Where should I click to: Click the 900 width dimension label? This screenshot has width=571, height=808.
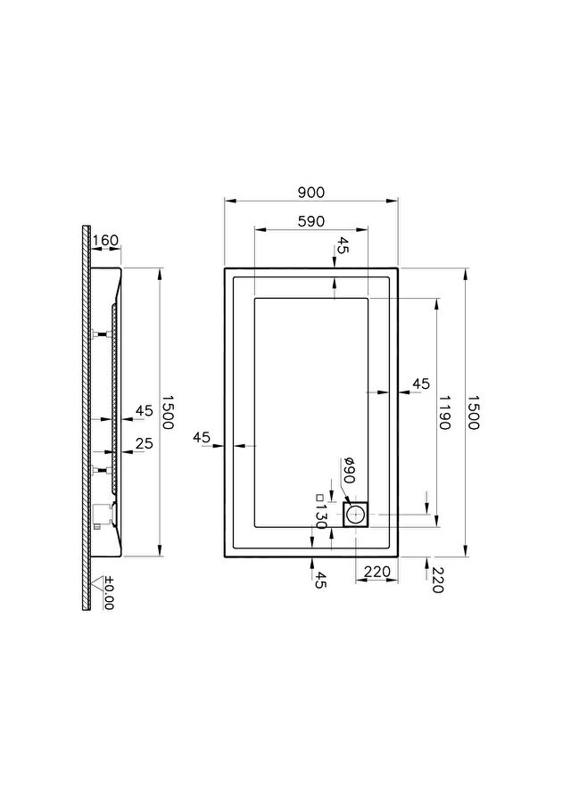[311, 193]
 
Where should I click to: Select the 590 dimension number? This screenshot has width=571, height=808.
[311, 221]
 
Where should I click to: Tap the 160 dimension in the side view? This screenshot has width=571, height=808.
[105, 240]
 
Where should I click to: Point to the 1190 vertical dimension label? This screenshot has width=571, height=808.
[444, 412]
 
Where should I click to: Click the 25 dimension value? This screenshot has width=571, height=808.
[145, 443]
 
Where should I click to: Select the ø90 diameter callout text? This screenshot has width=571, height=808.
[349, 470]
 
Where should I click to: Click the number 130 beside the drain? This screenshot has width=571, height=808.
[320, 517]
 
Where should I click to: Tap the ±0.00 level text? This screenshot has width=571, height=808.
[109, 592]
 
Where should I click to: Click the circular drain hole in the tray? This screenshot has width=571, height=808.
[356, 515]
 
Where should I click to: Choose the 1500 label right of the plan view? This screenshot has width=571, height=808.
[473, 412]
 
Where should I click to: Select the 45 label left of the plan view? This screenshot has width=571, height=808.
[202, 437]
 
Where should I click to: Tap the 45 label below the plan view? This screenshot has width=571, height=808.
[320, 581]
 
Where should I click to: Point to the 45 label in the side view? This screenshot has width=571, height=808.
[145, 411]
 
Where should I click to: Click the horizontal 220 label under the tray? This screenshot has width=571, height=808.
[377, 572]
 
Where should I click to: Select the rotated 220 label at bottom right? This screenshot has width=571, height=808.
[437, 581]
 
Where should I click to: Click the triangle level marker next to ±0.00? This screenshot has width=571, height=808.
[95, 584]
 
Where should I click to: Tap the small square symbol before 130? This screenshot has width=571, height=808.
[319, 498]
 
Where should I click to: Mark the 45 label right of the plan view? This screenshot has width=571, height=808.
[421, 383]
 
